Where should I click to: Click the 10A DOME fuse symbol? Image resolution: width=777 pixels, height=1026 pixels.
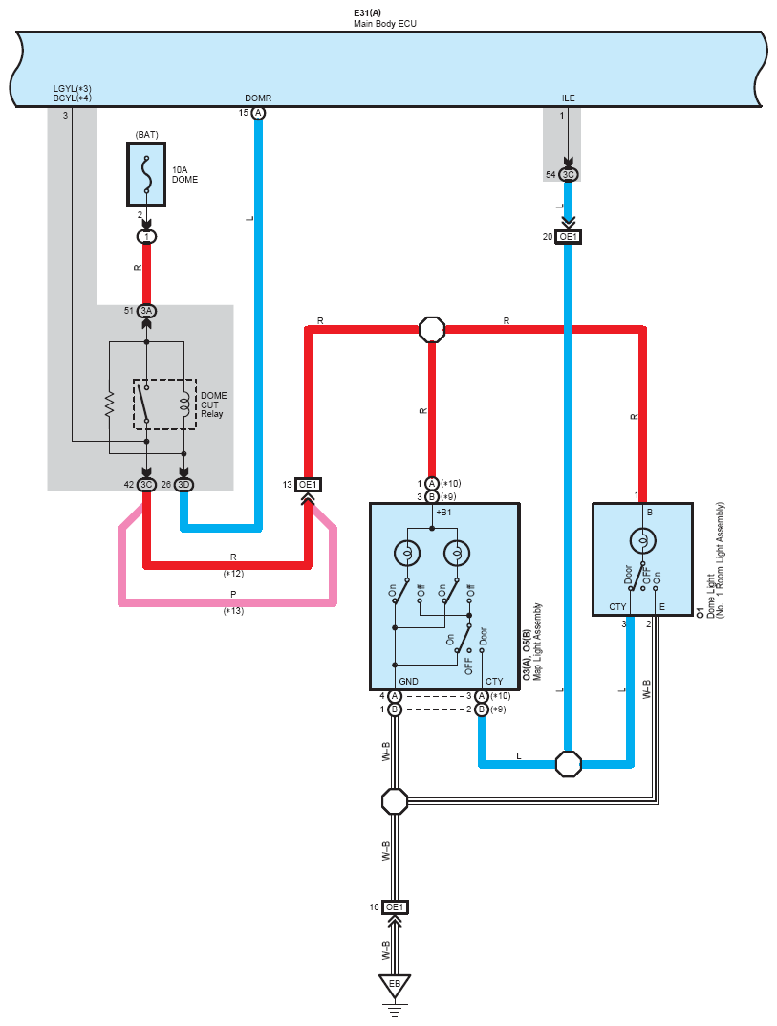[x=146, y=175]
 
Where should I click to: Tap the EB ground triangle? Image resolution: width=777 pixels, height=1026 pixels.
[x=395, y=986]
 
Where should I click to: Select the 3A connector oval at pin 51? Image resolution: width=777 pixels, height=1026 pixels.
[x=146, y=311]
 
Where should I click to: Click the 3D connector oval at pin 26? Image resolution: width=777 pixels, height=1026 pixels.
[x=183, y=485]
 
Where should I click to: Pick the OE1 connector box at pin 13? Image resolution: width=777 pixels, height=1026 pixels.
[x=308, y=485]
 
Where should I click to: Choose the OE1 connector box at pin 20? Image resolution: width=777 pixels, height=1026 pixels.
[x=568, y=237]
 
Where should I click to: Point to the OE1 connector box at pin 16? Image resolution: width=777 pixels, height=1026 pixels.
[x=395, y=906]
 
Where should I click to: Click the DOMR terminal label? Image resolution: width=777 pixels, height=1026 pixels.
[x=258, y=98]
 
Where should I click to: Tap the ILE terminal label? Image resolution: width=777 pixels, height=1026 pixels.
[x=569, y=98]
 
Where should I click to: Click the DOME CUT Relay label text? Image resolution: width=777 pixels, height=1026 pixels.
[x=214, y=404]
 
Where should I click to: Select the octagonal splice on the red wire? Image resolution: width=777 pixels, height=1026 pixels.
[x=432, y=330]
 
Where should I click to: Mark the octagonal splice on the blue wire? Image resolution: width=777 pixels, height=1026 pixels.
[x=568, y=764]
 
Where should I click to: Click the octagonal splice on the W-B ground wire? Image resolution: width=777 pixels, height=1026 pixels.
[x=395, y=801]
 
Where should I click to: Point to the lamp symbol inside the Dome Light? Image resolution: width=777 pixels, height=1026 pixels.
[x=642, y=541]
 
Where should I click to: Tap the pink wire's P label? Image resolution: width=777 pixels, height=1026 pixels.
[x=233, y=594]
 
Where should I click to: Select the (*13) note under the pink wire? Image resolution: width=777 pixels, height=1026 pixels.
[x=233, y=610]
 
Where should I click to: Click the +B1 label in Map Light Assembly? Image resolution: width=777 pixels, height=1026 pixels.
[x=443, y=512]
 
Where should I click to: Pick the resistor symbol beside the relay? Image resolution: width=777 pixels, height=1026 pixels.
[x=109, y=404]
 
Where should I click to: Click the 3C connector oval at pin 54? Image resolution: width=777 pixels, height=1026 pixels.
[x=569, y=175]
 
